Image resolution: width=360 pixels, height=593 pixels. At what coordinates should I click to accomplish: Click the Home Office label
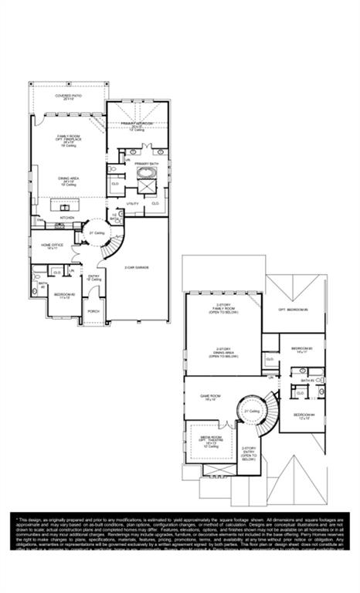point(53,246)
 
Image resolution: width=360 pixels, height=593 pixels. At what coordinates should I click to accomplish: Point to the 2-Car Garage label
point(137,268)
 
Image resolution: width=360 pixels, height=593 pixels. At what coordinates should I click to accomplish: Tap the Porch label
point(94,311)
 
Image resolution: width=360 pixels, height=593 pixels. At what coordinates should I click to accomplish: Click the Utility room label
point(133,203)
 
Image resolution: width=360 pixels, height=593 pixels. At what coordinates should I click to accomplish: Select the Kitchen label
point(68,218)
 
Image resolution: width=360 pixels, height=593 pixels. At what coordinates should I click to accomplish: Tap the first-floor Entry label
point(94,278)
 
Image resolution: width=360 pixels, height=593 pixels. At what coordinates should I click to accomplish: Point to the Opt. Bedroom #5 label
point(294,309)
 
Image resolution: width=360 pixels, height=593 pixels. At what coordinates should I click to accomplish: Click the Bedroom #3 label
point(301,350)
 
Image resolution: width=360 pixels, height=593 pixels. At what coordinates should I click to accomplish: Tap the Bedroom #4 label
point(304,417)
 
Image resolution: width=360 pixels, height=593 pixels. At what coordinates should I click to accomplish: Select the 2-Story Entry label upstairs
point(249,452)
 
